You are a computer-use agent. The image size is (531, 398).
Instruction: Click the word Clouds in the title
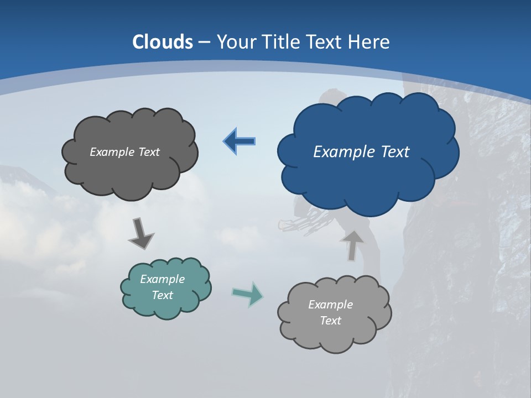point(163,42)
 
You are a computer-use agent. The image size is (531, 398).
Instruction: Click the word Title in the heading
point(282,42)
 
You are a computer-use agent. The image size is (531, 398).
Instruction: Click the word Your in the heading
point(236,42)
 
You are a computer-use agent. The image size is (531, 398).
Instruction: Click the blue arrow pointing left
point(240,142)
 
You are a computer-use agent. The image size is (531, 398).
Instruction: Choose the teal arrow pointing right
point(247,294)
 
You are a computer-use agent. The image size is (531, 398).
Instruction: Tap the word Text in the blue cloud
point(395,151)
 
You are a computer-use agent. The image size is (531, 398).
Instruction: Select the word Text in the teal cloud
point(163,295)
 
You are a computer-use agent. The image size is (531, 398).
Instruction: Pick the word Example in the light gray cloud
point(330,305)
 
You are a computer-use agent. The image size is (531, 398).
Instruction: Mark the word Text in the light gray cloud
point(330,321)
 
